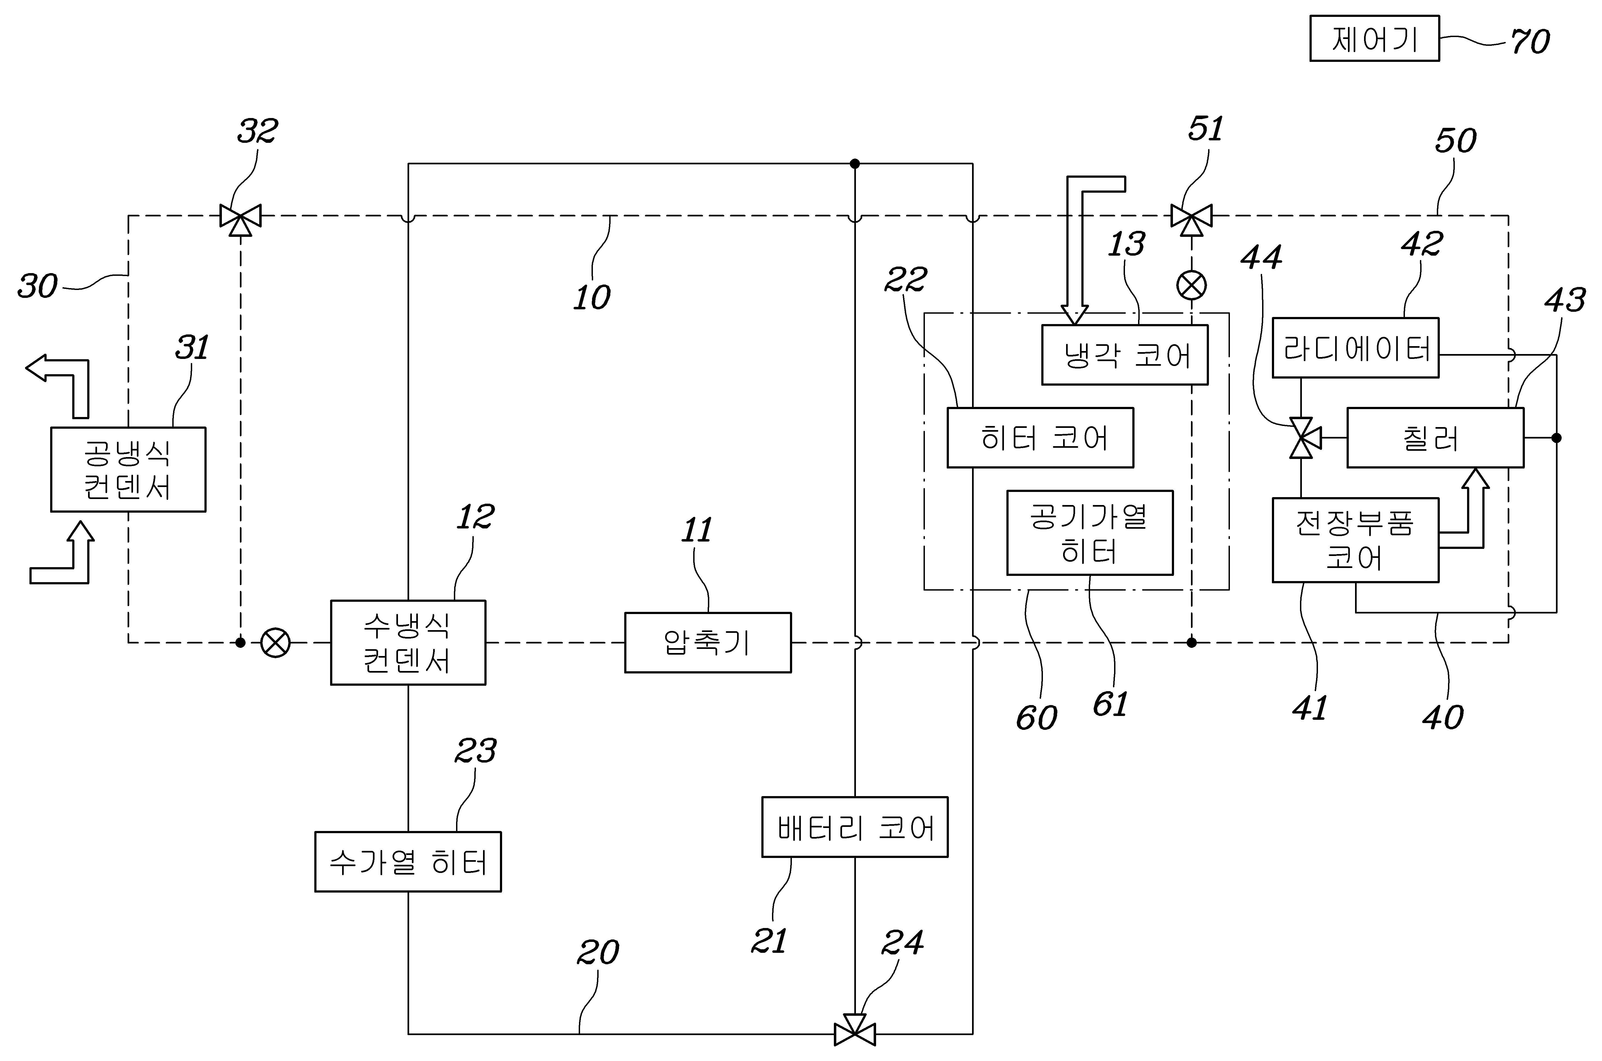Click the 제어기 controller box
[x=1374, y=39]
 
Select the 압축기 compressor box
[x=707, y=642]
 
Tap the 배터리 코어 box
[x=855, y=827]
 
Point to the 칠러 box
[x=1435, y=438]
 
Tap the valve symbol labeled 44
[x=1301, y=438]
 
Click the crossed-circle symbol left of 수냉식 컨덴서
[x=276, y=642]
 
